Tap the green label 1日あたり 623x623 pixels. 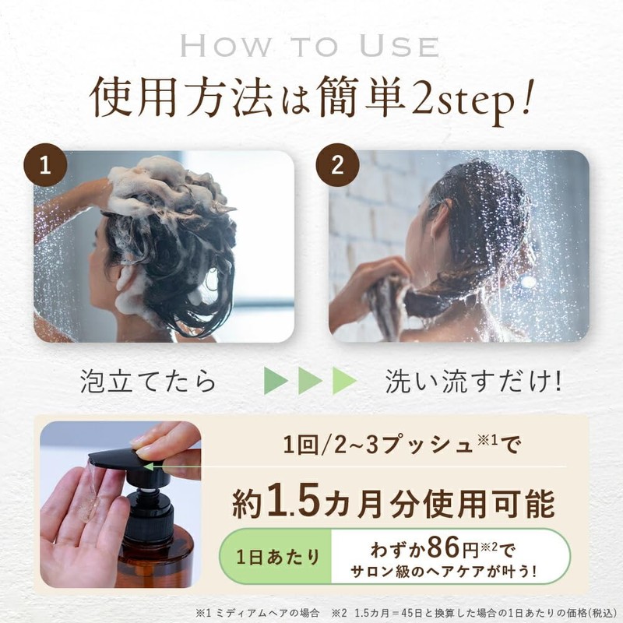click(x=277, y=557)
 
